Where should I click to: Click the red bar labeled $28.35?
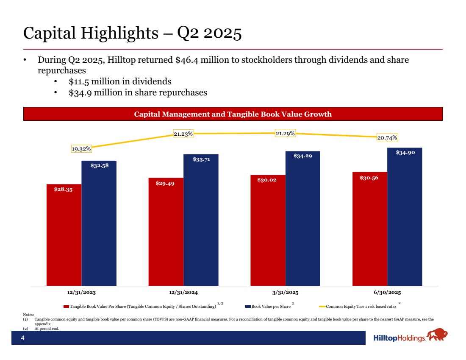point(64,235)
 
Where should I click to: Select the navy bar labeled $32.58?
point(99,223)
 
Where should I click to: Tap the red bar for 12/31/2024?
point(166,232)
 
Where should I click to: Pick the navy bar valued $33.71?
point(201,220)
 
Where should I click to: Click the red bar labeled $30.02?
point(268,230)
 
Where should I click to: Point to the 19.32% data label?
point(81,149)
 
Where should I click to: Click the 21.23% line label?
point(183,134)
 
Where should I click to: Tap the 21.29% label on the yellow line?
point(285,134)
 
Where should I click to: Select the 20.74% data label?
point(387,137)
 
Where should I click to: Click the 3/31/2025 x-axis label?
point(285,293)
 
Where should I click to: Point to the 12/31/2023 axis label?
point(81,293)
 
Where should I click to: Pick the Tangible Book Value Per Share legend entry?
point(140,306)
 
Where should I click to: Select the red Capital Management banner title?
point(233,114)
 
